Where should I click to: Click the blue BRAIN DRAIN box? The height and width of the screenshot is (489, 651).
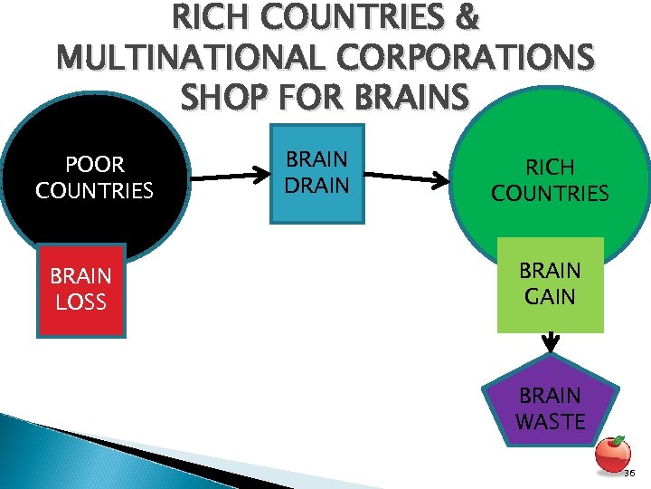pos(316,173)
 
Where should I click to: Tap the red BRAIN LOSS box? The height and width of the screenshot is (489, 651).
pos(80,290)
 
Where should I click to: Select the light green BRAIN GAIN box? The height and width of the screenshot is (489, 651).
pos(549,284)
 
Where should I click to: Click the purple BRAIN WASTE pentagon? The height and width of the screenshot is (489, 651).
pos(549,408)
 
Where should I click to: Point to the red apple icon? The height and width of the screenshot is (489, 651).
pos(615,453)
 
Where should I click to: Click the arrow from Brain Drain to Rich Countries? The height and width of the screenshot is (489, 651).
pos(406,177)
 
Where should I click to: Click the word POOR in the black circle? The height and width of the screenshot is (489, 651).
pos(95,165)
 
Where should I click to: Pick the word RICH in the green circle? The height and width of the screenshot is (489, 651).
pos(550,168)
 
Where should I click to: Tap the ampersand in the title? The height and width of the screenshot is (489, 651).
pos(468,18)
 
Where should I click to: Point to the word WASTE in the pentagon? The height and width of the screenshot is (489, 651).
pos(550,421)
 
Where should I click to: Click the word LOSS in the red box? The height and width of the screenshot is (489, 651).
pos(80,302)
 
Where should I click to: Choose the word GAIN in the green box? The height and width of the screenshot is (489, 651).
pos(550,296)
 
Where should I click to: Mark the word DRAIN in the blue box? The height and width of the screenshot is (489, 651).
pos(316,185)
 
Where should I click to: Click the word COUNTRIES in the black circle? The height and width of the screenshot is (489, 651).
pos(95,191)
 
